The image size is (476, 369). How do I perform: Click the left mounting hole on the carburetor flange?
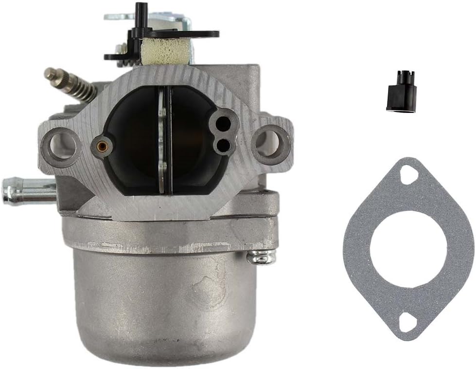click(63, 145)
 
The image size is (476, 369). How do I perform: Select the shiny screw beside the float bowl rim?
click(261, 257)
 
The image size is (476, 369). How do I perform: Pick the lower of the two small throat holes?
click(223, 145)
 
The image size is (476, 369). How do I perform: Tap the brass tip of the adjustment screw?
click(49, 74)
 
